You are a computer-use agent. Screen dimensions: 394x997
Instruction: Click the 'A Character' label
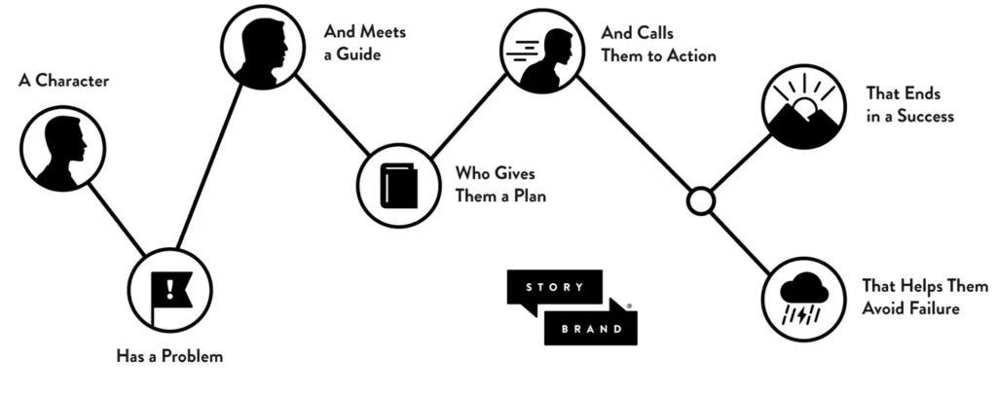click(x=63, y=81)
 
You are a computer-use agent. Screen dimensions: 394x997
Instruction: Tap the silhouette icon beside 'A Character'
click(x=62, y=149)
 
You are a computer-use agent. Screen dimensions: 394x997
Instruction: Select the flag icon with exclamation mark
click(x=171, y=289)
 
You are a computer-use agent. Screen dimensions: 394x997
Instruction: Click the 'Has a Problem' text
click(x=169, y=356)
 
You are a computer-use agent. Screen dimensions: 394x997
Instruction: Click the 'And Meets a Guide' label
click(x=364, y=43)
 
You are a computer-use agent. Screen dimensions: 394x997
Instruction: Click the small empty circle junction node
click(x=700, y=201)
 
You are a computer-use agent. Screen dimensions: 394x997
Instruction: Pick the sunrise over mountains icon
click(x=803, y=106)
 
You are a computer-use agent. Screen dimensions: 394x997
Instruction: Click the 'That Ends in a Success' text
click(x=909, y=105)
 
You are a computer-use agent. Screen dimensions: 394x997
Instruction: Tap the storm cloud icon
click(x=803, y=299)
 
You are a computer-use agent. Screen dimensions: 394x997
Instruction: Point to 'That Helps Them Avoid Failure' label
click(x=910, y=298)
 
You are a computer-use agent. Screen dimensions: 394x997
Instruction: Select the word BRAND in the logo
click(x=590, y=328)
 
